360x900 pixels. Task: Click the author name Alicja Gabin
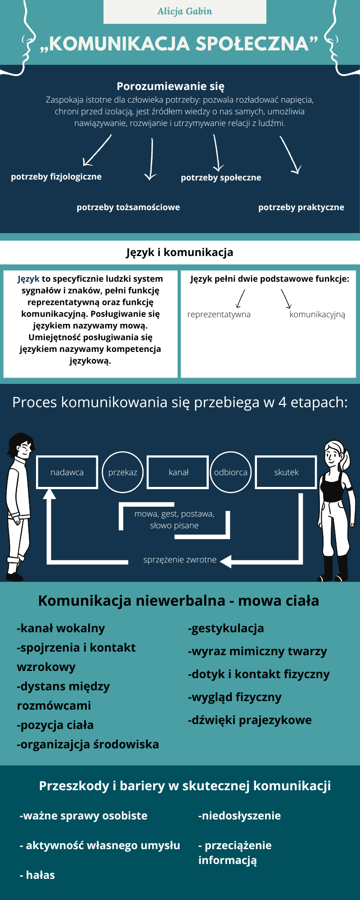(184, 11)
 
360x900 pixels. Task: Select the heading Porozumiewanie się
(171, 86)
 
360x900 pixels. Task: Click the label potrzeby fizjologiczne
(56, 177)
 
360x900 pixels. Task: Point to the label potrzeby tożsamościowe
(128, 207)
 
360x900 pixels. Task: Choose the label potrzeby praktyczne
(301, 207)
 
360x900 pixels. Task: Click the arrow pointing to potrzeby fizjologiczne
(97, 150)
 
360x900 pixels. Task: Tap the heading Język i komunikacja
(180, 252)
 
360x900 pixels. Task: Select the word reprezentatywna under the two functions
(219, 314)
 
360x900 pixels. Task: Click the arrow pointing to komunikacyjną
(286, 298)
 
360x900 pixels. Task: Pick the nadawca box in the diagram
(67, 472)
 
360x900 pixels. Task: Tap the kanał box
(178, 472)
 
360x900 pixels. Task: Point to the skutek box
(286, 472)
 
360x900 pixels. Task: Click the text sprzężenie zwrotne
(180, 560)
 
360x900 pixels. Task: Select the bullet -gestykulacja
(226, 628)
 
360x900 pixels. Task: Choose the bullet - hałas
(37, 875)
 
